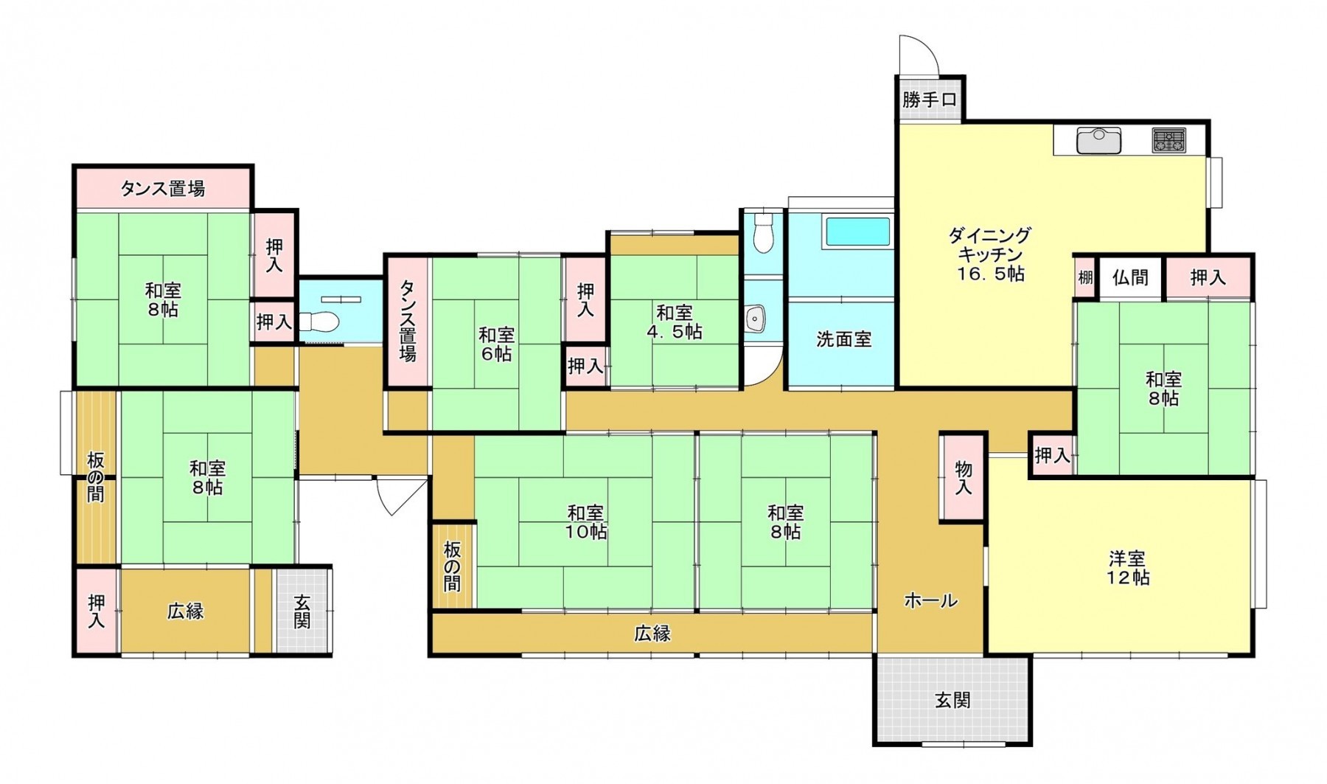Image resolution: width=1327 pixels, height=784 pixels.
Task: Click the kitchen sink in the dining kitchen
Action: [x=1098, y=139]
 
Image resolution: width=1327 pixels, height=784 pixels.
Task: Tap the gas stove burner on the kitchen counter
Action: [x=1169, y=140]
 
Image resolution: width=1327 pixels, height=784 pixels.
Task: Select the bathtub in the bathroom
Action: [x=857, y=231]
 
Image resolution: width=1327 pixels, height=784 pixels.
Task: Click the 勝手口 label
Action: [x=929, y=100]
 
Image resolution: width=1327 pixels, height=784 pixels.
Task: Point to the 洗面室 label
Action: [x=843, y=339]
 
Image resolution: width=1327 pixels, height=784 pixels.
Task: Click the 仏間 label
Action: [x=1130, y=278]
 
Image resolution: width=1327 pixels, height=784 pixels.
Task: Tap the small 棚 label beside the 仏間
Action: [x=1085, y=278]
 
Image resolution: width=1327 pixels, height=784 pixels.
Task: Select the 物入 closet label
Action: [x=963, y=478]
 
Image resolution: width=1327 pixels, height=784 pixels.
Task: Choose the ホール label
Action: [x=930, y=600]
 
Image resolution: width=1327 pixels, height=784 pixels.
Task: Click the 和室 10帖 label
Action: [x=586, y=521]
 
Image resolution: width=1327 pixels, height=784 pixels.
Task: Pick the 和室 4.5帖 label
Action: [x=675, y=322]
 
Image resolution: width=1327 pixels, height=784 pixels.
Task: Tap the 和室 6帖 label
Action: [x=496, y=344]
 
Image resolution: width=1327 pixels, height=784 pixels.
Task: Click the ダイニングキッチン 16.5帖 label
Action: [x=989, y=254]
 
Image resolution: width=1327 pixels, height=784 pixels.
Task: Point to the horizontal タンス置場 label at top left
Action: [x=162, y=189]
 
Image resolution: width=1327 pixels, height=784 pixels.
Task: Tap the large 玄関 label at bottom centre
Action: [x=952, y=700]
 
